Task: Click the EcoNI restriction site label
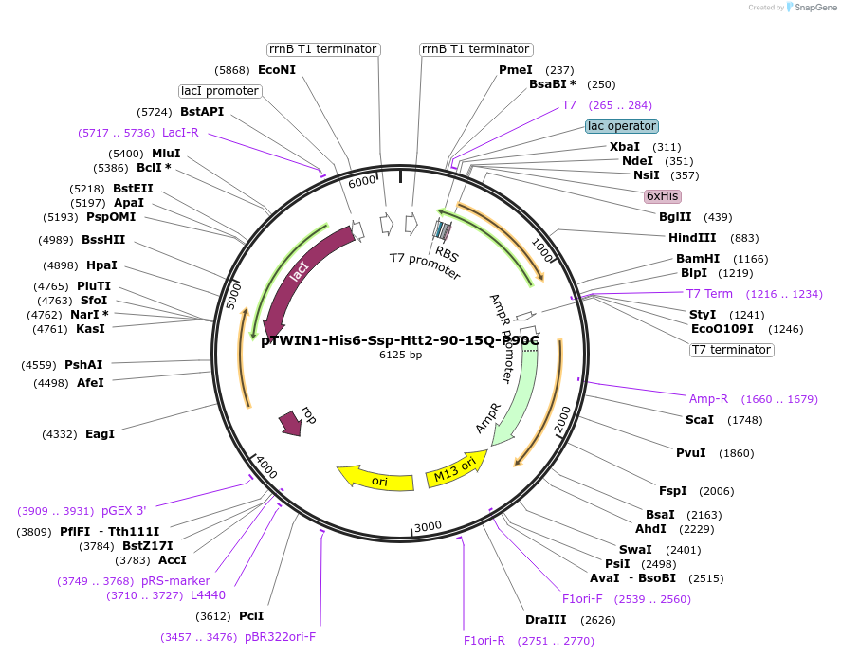click(277, 70)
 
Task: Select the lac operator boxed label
click(622, 126)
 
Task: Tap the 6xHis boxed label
click(662, 196)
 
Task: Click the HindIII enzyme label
click(693, 238)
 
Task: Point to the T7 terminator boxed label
click(731, 350)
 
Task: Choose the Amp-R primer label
click(708, 399)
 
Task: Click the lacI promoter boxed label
click(220, 91)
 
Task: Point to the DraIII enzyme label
click(545, 620)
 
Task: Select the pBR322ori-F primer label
click(280, 637)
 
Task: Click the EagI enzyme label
click(100, 434)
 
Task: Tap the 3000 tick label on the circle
click(429, 526)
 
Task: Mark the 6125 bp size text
click(400, 356)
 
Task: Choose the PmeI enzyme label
click(516, 70)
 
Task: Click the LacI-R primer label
click(180, 133)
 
